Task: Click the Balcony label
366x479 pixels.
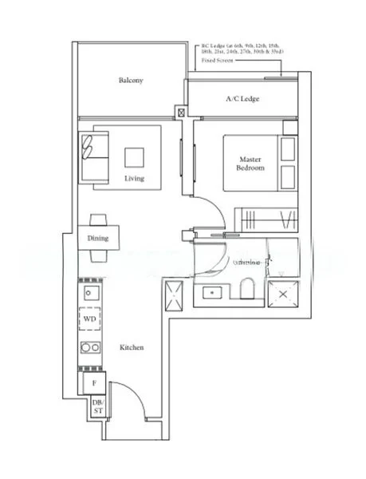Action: coord(131,81)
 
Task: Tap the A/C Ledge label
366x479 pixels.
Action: coord(242,99)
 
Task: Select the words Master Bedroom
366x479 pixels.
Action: coord(250,164)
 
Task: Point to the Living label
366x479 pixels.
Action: coord(134,178)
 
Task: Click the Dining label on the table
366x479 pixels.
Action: coord(98,239)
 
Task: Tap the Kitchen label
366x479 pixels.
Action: coord(132,348)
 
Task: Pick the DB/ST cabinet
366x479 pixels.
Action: coord(97,407)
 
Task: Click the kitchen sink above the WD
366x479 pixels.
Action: coord(89,293)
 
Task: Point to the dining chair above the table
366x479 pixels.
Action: coord(98,220)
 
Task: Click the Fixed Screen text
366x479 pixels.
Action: coord(217,61)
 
